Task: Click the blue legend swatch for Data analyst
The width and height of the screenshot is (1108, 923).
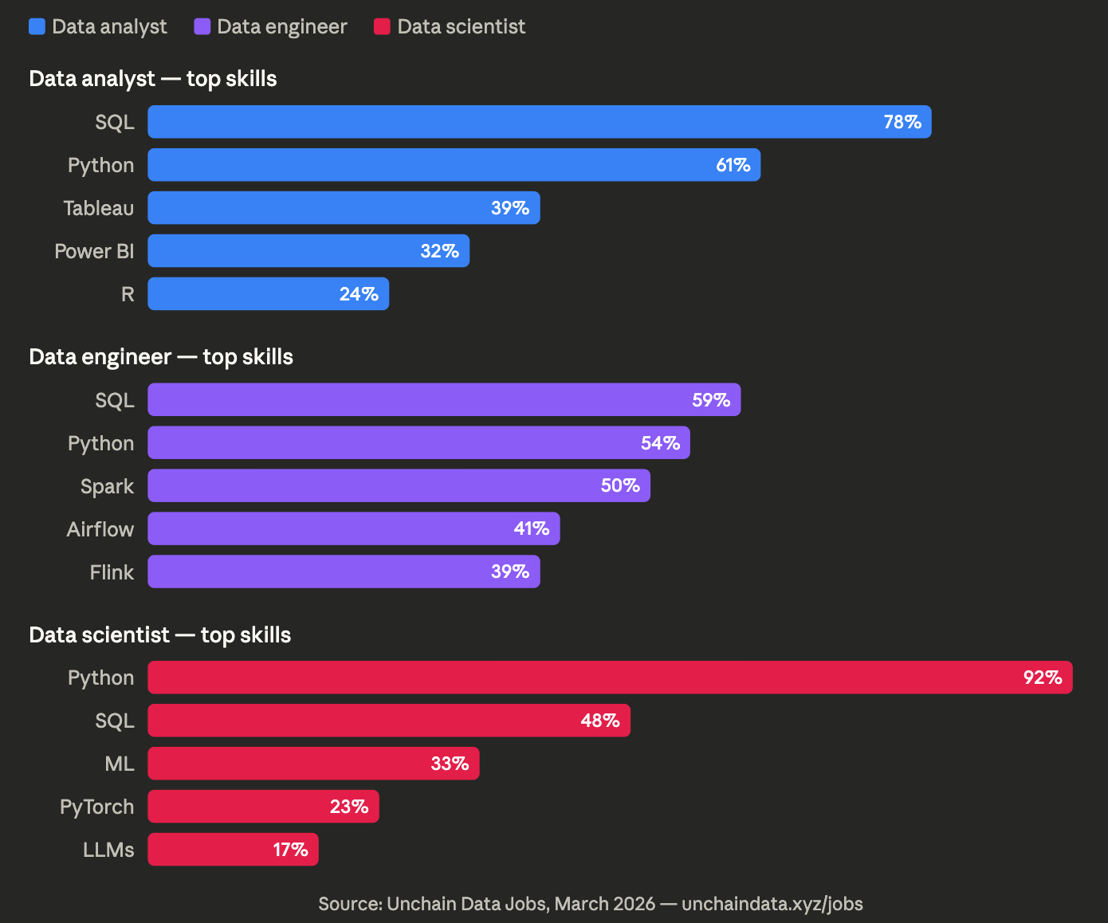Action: [37, 26]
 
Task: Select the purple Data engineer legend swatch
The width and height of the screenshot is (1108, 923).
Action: [202, 26]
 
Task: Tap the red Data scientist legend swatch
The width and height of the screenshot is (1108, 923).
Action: [382, 26]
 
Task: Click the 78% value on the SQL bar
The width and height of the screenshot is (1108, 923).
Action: [902, 122]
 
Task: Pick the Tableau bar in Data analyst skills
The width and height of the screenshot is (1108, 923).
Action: [344, 208]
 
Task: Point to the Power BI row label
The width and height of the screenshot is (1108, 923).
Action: [94, 251]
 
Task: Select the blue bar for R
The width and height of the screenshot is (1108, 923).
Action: [268, 294]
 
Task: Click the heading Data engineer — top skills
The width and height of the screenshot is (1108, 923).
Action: [161, 356]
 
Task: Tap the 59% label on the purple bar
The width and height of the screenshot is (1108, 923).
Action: [710, 400]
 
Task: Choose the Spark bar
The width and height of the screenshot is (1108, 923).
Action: [399, 486]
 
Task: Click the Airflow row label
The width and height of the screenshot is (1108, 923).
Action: [100, 529]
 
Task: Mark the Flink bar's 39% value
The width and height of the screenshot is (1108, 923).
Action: [509, 572]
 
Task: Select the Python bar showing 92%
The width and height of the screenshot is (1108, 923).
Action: [610, 678]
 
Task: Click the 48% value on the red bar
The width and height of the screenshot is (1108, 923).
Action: [599, 721]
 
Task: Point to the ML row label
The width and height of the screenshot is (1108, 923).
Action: [120, 764]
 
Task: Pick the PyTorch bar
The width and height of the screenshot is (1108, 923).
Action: [263, 807]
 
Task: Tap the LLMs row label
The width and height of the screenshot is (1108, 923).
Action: [108, 850]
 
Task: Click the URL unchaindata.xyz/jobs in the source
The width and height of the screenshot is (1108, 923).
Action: [772, 904]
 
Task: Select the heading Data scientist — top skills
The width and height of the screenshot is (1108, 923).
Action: [160, 634]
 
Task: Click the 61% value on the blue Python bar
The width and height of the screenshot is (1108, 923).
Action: [733, 165]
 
